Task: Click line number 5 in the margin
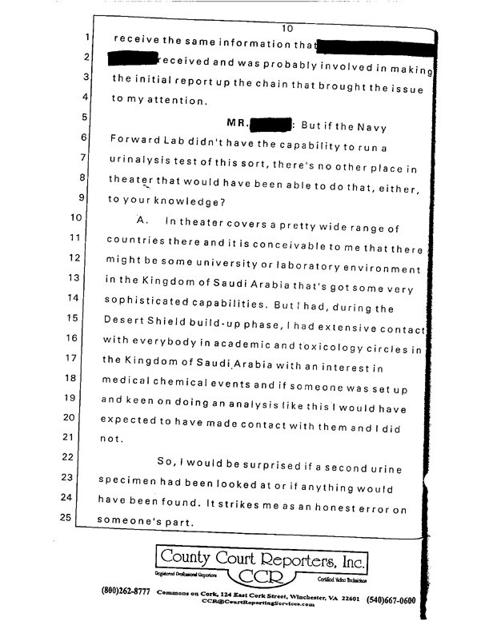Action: [x=83, y=117]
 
